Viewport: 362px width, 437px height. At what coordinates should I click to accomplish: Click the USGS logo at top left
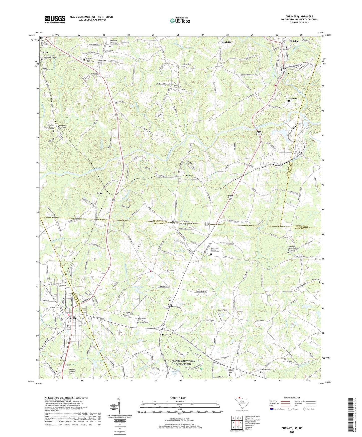coord(55,19)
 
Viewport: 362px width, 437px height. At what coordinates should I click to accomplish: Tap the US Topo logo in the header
coord(180,21)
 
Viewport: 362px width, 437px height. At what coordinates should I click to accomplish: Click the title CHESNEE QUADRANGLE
coord(299,17)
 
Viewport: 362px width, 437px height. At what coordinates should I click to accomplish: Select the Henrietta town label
coord(226,42)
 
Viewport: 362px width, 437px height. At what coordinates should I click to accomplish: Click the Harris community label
coord(44,52)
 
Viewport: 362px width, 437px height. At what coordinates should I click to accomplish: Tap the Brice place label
coord(100,193)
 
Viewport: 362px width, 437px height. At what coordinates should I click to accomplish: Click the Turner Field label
coord(222,310)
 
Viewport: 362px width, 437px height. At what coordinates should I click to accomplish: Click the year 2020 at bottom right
coord(292,432)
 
